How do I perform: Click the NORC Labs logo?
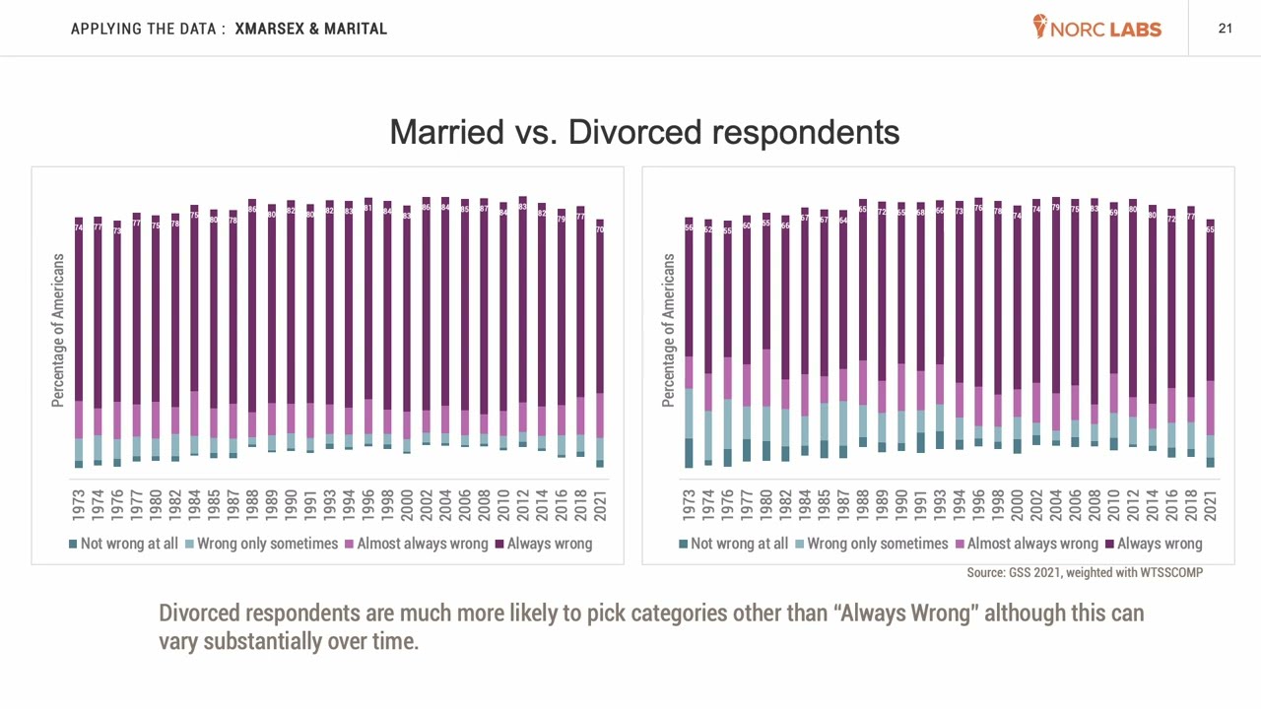(1097, 28)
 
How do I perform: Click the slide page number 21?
(1225, 29)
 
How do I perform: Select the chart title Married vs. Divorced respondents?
(644, 132)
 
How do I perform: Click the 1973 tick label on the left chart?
(79, 505)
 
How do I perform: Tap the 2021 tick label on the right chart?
(1210, 505)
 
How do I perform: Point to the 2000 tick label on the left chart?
(407, 505)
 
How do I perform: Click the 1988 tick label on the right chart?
(863, 505)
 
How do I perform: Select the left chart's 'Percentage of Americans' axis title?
(58, 330)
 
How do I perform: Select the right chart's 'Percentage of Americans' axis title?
(669, 330)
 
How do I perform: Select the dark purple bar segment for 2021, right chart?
(1210, 300)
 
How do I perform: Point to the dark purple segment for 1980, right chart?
(766, 281)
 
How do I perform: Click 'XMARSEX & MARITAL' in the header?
(310, 29)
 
